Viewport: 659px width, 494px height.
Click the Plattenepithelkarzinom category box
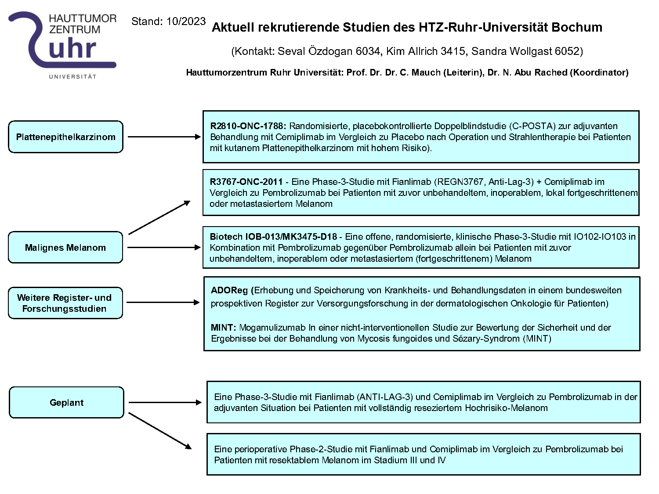click(66, 137)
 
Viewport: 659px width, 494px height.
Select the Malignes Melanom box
click(65, 248)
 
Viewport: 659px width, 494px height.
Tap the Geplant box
click(66, 403)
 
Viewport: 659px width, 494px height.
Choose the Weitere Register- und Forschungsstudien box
click(65, 303)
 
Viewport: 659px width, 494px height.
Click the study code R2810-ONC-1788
click(248, 126)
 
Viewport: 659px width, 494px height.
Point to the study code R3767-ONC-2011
click(246, 182)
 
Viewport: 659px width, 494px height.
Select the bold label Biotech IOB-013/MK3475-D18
click(273, 237)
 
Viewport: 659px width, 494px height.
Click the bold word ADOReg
click(229, 290)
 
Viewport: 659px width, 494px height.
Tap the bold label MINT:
click(223, 328)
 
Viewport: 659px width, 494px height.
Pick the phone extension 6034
click(368, 51)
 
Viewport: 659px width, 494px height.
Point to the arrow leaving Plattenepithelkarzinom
click(164, 137)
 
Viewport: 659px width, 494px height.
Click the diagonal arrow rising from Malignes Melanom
click(159, 217)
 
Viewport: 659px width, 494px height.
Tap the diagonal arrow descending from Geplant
click(160, 431)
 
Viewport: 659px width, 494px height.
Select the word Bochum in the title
click(576, 27)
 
